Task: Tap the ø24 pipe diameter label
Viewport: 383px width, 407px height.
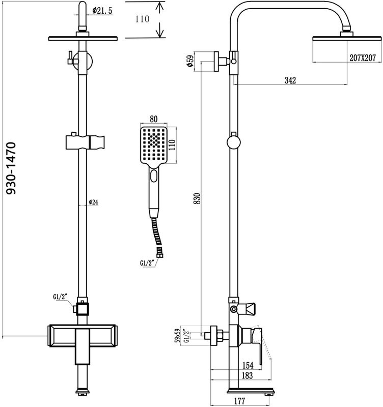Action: click(93, 202)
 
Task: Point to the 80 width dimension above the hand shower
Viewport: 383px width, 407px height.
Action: click(153, 119)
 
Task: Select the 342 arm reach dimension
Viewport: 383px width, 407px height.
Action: click(290, 80)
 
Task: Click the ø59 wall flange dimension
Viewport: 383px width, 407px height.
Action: click(189, 61)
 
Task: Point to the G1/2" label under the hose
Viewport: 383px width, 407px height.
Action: click(147, 264)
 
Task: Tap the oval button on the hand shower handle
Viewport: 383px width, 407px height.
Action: click(154, 178)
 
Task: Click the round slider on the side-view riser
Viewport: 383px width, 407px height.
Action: click(233, 141)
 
